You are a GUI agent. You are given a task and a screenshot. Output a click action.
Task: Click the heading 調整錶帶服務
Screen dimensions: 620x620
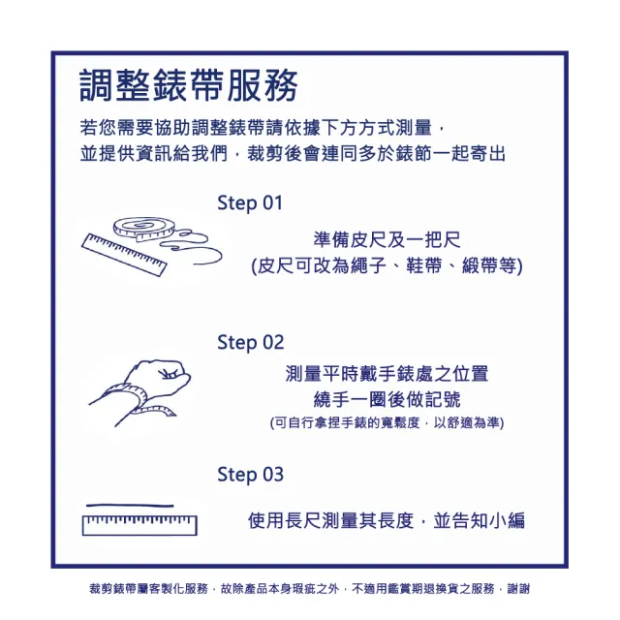point(189,86)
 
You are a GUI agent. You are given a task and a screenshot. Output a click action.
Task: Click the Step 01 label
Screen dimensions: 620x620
point(250,203)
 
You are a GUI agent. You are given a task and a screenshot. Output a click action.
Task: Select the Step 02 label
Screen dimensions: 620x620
point(250,342)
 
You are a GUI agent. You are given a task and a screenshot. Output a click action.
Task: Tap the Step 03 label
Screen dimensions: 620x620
point(250,475)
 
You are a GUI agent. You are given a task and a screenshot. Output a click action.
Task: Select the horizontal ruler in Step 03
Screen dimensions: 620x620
point(139,525)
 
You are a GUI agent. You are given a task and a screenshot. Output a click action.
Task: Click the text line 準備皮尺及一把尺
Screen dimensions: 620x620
point(386,239)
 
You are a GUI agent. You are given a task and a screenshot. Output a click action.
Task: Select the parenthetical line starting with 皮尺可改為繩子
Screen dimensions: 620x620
point(386,265)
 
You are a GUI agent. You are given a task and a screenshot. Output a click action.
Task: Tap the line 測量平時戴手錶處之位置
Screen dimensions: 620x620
point(387,373)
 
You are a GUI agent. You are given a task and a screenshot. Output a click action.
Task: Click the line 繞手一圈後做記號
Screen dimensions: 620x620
point(387,399)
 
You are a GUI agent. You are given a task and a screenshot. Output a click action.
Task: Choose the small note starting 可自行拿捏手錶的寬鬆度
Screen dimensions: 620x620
point(387,423)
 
